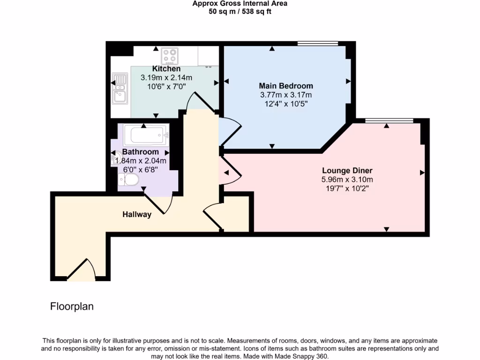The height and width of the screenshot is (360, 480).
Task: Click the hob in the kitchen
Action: tap(170, 56)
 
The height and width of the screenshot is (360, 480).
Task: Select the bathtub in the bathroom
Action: tap(146, 135)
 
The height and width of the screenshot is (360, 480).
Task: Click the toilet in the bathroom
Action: tap(128, 179)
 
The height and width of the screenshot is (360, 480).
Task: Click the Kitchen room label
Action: tap(166, 69)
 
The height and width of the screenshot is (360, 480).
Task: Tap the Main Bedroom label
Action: tap(286, 86)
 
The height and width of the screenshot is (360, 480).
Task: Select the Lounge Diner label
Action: tap(347, 171)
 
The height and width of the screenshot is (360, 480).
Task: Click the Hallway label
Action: tap(137, 215)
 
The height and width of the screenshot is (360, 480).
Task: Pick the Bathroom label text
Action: tap(140, 152)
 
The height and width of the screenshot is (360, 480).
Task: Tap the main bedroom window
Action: tap(317, 44)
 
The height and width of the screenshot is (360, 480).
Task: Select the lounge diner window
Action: tap(389, 121)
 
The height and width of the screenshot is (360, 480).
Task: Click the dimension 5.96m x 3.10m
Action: tap(347, 180)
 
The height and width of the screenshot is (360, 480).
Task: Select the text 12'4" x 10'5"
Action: tap(286, 104)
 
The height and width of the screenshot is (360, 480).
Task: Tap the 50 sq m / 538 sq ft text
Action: tap(240, 11)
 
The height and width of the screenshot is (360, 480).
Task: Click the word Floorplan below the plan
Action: tap(72, 307)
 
